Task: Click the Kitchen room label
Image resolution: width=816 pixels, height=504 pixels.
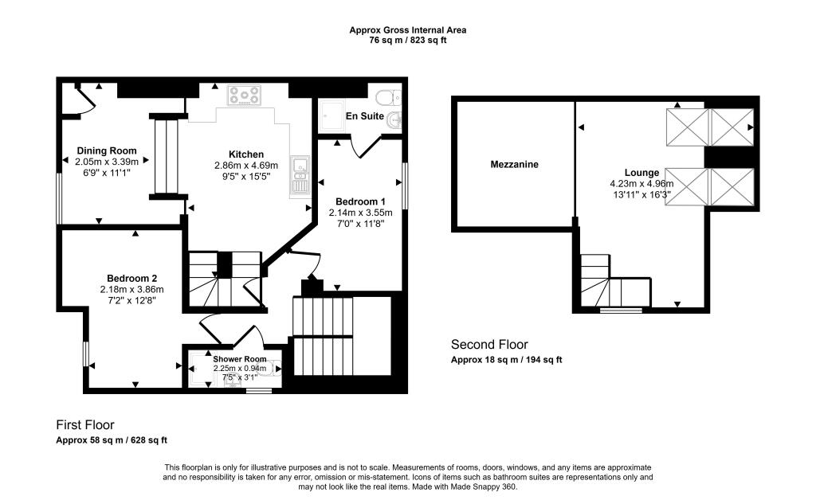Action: pos(245,154)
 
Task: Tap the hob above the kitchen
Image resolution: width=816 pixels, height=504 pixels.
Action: pos(245,96)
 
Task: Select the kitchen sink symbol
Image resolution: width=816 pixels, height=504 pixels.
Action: pos(300,176)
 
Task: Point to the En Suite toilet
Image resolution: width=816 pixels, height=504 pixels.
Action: pos(388,98)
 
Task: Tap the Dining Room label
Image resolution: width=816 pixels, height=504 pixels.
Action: pos(106,150)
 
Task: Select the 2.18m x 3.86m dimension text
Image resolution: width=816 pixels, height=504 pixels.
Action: pos(131,289)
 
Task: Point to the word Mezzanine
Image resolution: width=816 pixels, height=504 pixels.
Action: pos(514,165)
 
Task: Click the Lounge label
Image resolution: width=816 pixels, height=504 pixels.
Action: pos(641,172)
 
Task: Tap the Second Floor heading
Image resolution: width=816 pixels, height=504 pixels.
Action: pos(489,345)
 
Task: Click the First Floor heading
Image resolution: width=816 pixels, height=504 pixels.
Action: pos(90,425)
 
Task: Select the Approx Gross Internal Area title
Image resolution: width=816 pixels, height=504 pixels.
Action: pos(408,30)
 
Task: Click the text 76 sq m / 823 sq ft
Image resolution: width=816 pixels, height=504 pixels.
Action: pos(408,41)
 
